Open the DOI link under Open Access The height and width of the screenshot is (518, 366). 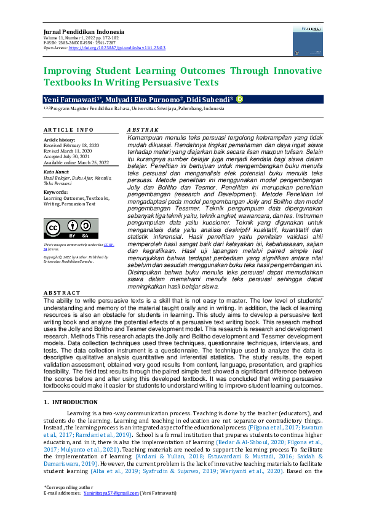[116, 47]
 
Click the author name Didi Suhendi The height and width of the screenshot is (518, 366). [209, 99]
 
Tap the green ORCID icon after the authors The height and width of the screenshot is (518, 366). [240, 98]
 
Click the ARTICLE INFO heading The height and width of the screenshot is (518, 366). [68, 130]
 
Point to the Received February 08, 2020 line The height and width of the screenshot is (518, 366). [71, 145]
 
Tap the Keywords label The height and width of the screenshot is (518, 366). [56, 192]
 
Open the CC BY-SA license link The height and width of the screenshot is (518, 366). [108, 245]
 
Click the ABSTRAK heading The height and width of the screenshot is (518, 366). [142, 130]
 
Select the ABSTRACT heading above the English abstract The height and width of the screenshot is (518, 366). [62, 293]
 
